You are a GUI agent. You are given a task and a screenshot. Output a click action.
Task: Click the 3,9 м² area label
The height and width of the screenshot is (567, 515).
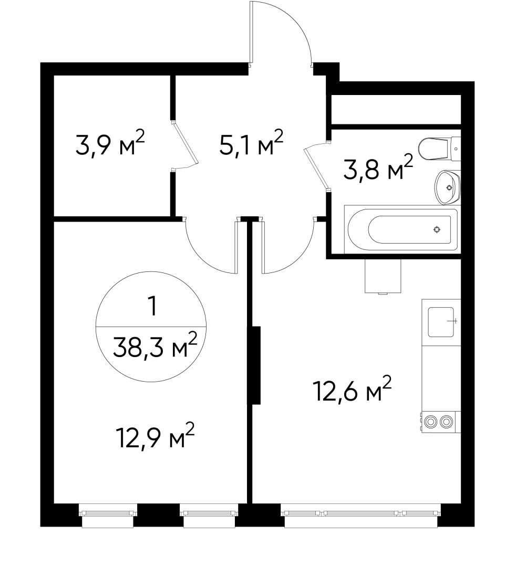pos(109,145)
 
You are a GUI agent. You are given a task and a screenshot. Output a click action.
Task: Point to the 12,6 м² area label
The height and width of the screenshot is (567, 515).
pos(352,391)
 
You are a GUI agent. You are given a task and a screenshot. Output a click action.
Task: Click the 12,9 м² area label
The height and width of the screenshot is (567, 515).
pos(155,437)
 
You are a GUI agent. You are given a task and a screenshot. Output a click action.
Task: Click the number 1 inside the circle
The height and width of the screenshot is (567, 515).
pos(152,307)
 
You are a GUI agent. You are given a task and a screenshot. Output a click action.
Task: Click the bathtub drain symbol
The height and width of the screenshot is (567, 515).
pos(437,229)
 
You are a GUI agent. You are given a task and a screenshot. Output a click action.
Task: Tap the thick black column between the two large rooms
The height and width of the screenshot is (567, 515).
pos(256,365)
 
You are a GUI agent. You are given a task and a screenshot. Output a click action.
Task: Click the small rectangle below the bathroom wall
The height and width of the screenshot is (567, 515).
pos(383,276)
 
